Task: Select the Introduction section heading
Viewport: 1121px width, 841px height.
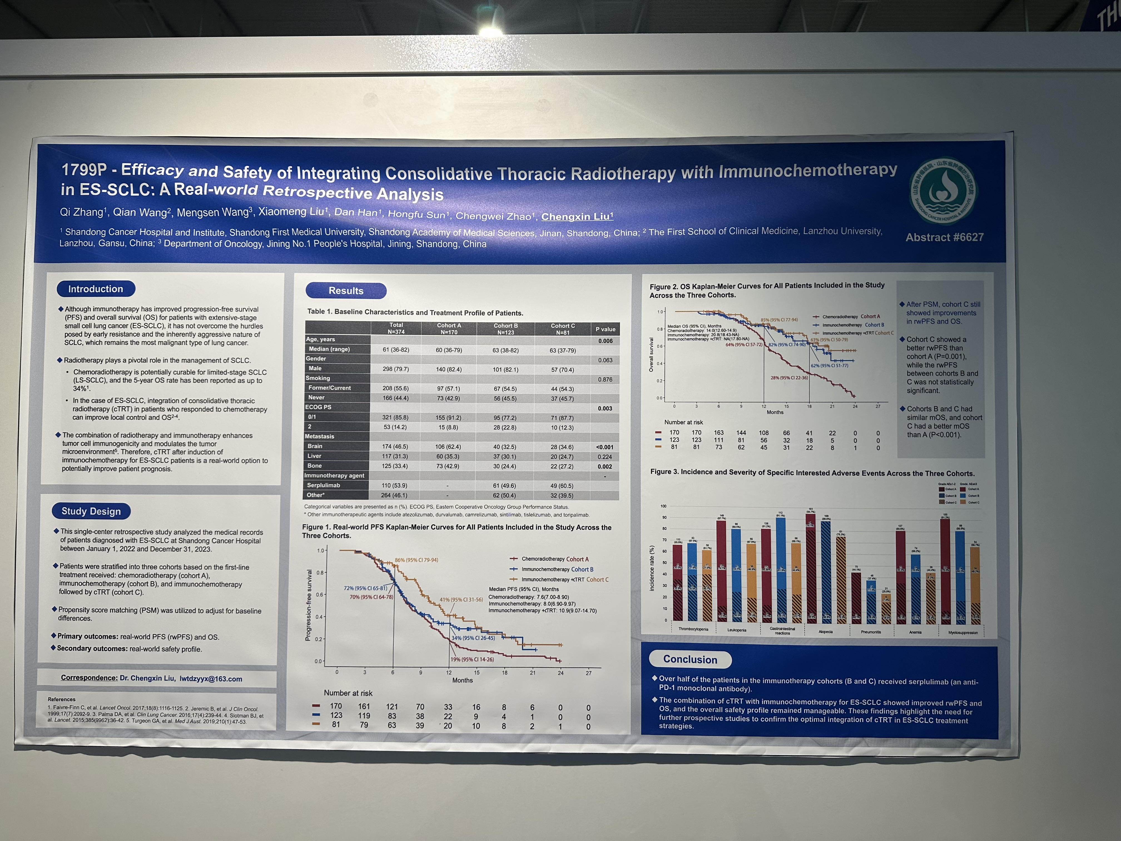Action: point(96,289)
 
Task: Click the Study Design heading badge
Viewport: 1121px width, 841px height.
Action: point(91,511)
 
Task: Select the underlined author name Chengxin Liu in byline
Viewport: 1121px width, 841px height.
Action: point(577,216)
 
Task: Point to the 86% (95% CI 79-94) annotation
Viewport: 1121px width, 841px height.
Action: point(416,560)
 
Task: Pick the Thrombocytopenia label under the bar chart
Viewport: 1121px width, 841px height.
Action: point(693,629)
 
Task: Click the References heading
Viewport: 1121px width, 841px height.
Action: point(61,699)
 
